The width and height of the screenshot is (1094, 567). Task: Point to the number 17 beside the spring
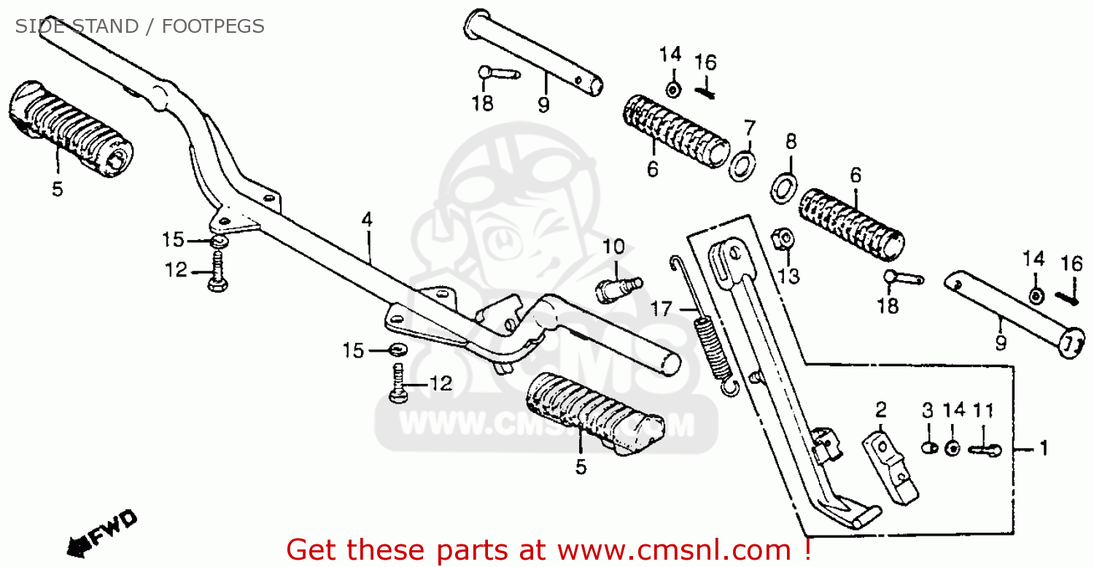click(x=661, y=309)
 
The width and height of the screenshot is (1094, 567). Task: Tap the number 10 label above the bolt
click(x=613, y=247)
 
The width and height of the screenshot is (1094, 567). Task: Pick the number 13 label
click(x=788, y=276)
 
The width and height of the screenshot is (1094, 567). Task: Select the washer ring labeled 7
click(x=742, y=167)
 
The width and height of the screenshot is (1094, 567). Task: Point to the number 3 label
click(x=927, y=410)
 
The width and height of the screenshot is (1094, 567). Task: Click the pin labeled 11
click(x=985, y=450)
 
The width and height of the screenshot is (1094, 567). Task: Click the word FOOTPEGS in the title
click(x=213, y=27)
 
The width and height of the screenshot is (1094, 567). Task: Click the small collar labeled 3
click(x=928, y=447)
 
